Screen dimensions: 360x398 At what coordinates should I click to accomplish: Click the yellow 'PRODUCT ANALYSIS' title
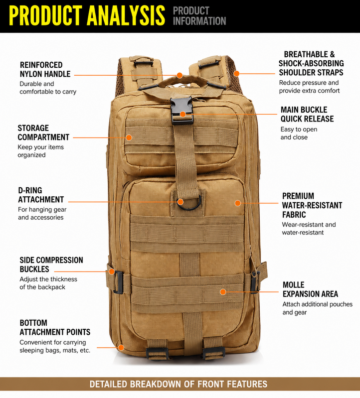[x=87, y=15]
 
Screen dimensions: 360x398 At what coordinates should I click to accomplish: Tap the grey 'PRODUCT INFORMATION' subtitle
[x=199, y=16]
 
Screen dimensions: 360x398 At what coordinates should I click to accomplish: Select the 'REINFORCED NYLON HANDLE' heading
[x=45, y=69]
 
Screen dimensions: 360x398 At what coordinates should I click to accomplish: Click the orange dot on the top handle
[x=180, y=75]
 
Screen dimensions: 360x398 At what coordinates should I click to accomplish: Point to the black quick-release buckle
[x=182, y=111]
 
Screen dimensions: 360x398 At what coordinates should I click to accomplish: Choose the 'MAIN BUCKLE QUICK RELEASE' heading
[x=307, y=114]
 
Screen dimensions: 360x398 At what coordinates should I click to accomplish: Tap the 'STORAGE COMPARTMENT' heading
[x=43, y=133]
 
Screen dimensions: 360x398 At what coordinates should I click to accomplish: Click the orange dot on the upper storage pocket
[x=129, y=137]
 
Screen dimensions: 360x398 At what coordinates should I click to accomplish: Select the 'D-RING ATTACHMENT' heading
[x=41, y=195]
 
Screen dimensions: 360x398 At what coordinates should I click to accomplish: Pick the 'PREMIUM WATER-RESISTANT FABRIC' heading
[x=312, y=205]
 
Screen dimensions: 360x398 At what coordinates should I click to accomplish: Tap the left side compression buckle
[x=118, y=282]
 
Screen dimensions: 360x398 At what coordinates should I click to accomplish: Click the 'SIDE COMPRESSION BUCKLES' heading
[x=51, y=265]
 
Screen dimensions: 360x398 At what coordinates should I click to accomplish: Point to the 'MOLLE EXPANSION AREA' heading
[x=310, y=289]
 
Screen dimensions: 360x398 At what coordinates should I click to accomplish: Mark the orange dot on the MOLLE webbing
[x=223, y=292]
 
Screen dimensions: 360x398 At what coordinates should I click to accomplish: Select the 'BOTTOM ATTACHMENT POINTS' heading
[x=55, y=327]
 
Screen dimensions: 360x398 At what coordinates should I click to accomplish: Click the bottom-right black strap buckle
[x=214, y=353]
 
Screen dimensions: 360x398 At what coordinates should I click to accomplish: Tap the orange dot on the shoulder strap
[x=236, y=74]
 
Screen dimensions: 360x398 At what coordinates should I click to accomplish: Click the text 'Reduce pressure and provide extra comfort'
[x=309, y=87]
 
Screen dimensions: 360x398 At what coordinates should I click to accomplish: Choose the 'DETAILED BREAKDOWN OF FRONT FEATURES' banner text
[x=179, y=384]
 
